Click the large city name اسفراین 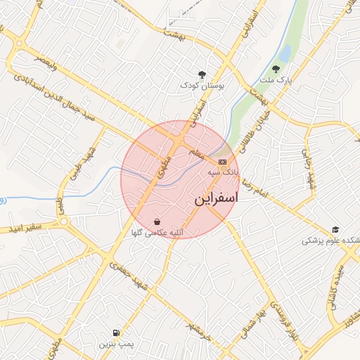(216, 199)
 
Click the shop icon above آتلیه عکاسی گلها (156, 221)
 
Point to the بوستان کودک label (202, 85)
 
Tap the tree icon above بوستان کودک (202, 74)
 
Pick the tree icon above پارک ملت (275, 69)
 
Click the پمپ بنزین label (112, 344)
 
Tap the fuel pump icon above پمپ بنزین (115, 333)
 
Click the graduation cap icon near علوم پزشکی (335, 230)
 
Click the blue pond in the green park (284, 53)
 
